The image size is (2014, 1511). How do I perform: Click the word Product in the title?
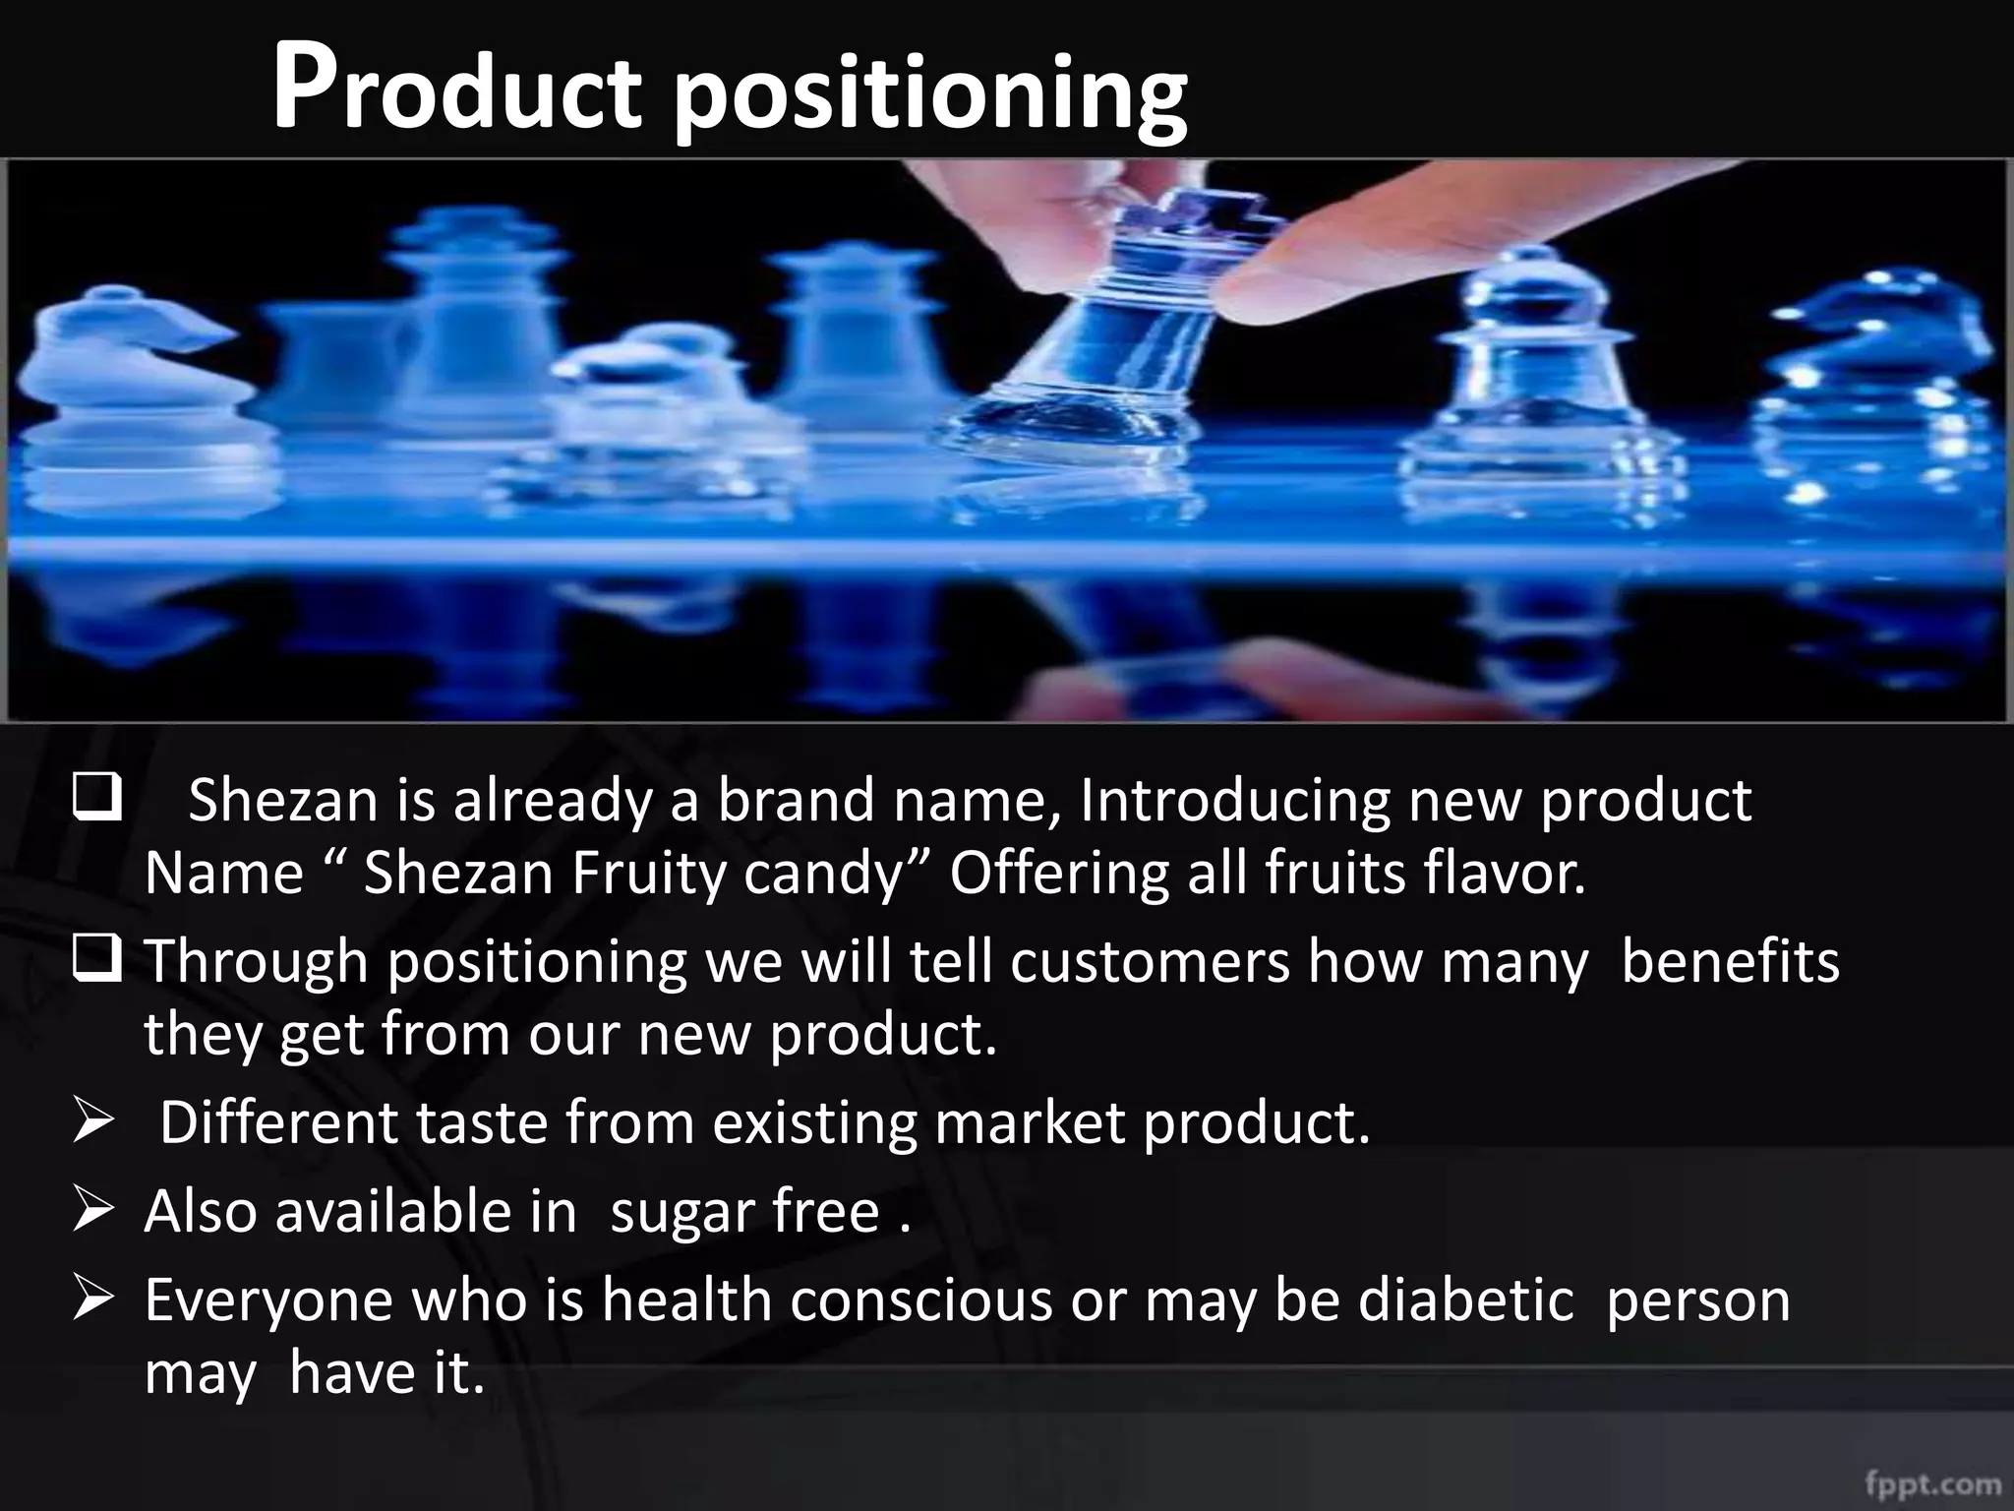456,93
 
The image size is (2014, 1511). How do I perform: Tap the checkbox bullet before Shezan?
96,800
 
